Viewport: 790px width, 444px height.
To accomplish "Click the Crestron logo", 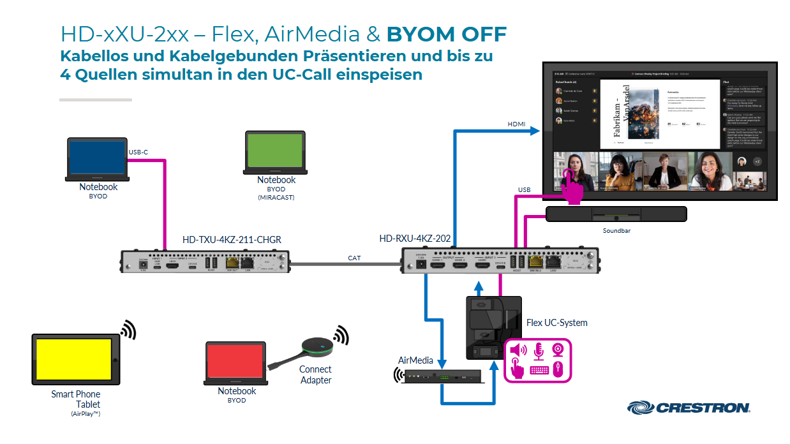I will click(x=689, y=408).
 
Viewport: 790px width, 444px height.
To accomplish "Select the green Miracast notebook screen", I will click(x=276, y=151).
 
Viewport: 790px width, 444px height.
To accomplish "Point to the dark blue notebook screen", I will click(x=98, y=158).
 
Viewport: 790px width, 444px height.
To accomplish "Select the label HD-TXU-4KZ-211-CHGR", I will click(x=232, y=240).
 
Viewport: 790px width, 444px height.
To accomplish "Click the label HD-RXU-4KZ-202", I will click(x=415, y=239).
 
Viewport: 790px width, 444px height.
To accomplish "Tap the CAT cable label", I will click(x=354, y=258).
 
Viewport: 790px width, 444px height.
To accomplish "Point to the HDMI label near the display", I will click(x=517, y=124).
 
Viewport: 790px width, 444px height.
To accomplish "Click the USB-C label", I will click(x=138, y=152).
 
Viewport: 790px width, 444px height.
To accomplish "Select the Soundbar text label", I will click(x=616, y=231).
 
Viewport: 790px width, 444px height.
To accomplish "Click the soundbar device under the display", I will click(x=616, y=214).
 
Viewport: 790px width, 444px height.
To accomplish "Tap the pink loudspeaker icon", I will click(x=518, y=350).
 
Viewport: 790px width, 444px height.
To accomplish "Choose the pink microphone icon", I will click(x=538, y=350).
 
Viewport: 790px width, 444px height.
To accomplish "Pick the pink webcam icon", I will click(x=558, y=350).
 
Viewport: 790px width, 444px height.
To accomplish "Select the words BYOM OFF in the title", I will click(x=447, y=33).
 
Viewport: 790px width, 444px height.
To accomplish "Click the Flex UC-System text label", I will click(x=556, y=323).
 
